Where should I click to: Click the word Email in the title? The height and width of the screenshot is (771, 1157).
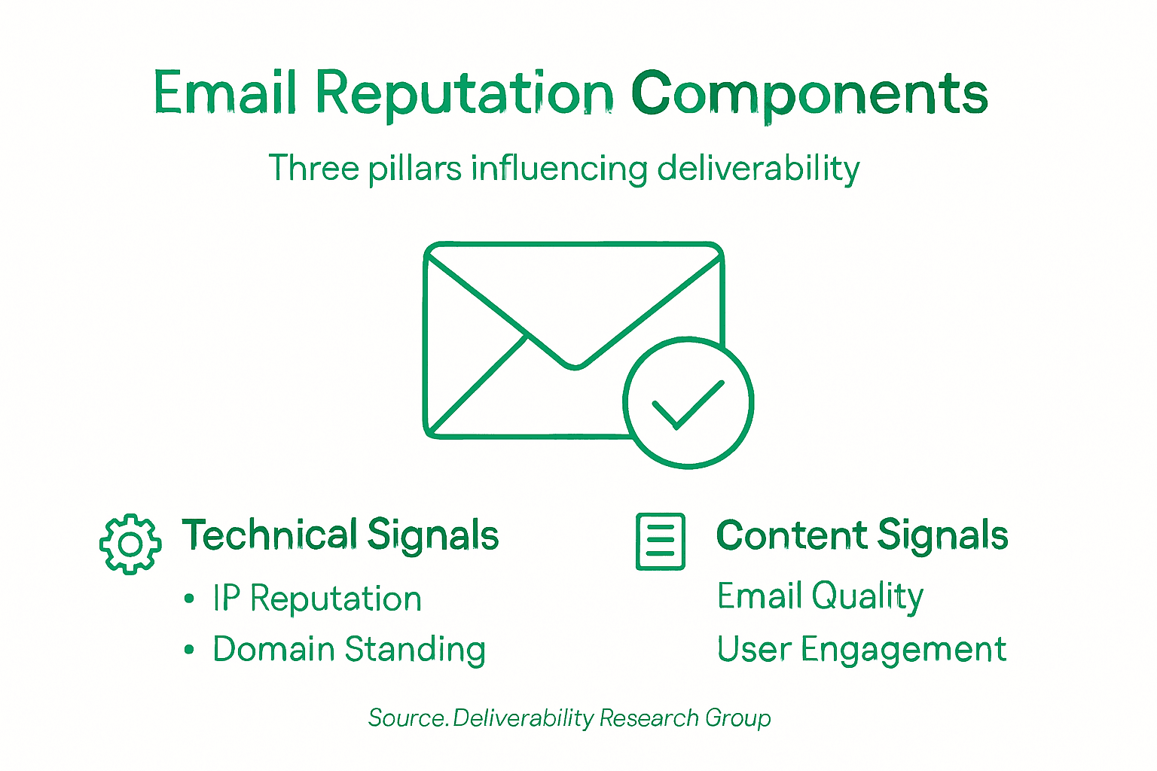(x=224, y=93)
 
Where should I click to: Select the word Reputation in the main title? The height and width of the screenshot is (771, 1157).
(x=463, y=94)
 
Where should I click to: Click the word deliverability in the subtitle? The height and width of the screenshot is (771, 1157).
(x=758, y=168)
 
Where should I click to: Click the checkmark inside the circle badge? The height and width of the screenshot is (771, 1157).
(x=687, y=404)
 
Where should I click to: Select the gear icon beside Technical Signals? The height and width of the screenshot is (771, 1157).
(x=130, y=544)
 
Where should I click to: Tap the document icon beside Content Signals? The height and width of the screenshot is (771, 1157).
(x=661, y=541)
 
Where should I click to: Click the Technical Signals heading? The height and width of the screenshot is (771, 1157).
(x=340, y=535)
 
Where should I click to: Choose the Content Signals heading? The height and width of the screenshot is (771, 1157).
(x=862, y=535)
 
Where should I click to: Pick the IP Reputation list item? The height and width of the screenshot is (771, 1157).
(x=317, y=599)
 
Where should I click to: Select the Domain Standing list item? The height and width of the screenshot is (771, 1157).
(x=349, y=650)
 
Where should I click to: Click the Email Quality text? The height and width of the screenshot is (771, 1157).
(x=820, y=596)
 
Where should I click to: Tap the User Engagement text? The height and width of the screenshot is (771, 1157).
(x=861, y=650)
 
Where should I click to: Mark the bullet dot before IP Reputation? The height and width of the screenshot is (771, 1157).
(x=189, y=599)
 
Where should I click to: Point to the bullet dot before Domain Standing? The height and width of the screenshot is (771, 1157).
(x=189, y=649)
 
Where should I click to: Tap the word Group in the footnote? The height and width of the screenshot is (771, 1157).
(x=738, y=719)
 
